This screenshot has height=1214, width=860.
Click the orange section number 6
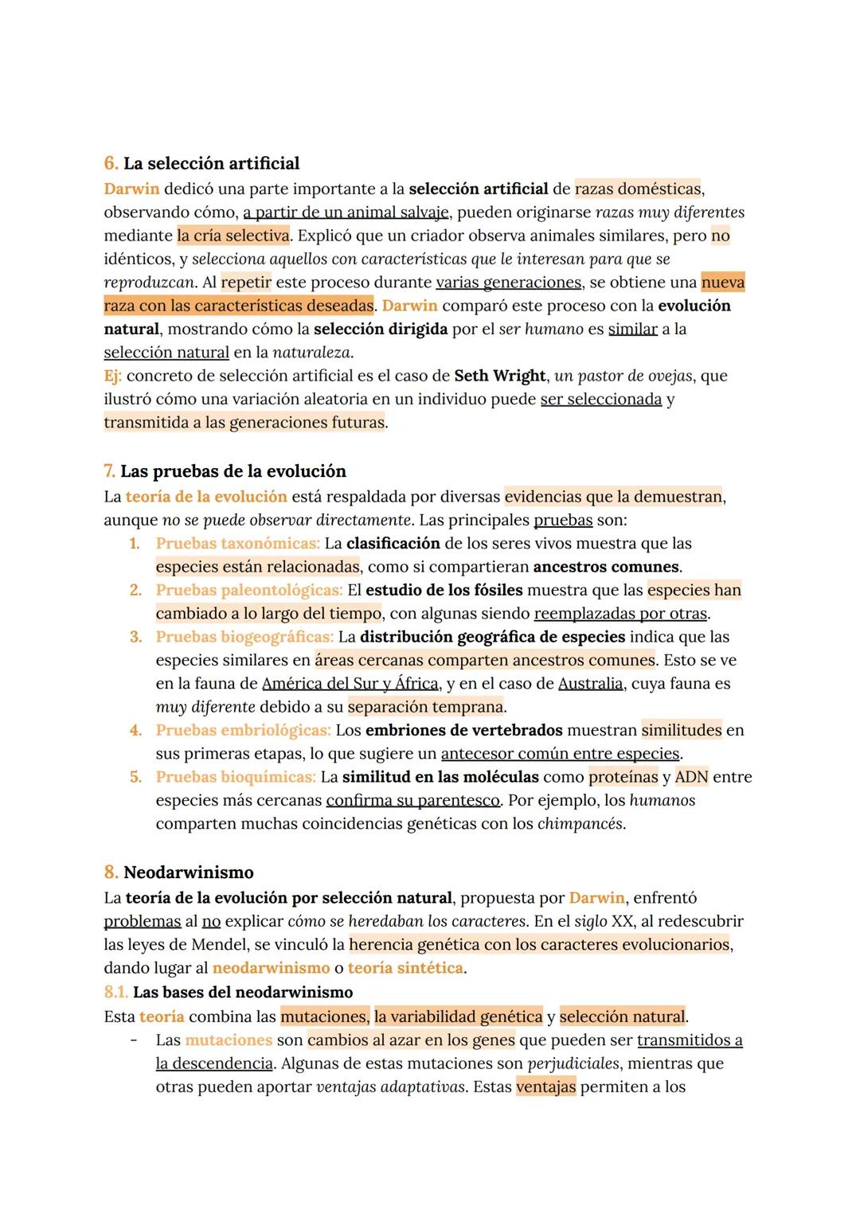point(111,164)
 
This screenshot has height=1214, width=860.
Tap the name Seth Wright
point(500,376)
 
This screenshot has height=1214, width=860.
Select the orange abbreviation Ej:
point(113,376)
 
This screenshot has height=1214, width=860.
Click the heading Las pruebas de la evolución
point(233,471)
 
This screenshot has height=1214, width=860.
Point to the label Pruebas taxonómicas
point(237,544)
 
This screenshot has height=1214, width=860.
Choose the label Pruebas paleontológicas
point(248,590)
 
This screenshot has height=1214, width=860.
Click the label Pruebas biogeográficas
point(244,637)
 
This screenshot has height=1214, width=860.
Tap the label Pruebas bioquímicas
point(235,777)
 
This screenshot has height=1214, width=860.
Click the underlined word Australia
point(590,684)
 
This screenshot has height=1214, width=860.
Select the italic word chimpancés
point(580,824)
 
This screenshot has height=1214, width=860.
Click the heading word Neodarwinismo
point(188,872)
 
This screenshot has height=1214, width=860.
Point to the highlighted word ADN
point(691,777)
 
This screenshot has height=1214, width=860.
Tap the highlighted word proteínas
point(623,777)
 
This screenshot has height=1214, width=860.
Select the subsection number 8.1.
point(115,993)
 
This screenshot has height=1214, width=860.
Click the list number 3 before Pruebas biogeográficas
point(136,637)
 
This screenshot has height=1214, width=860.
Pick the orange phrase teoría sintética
point(405,968)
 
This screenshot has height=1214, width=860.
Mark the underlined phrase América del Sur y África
point(350,684)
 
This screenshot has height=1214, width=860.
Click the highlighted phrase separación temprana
point(425,707)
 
